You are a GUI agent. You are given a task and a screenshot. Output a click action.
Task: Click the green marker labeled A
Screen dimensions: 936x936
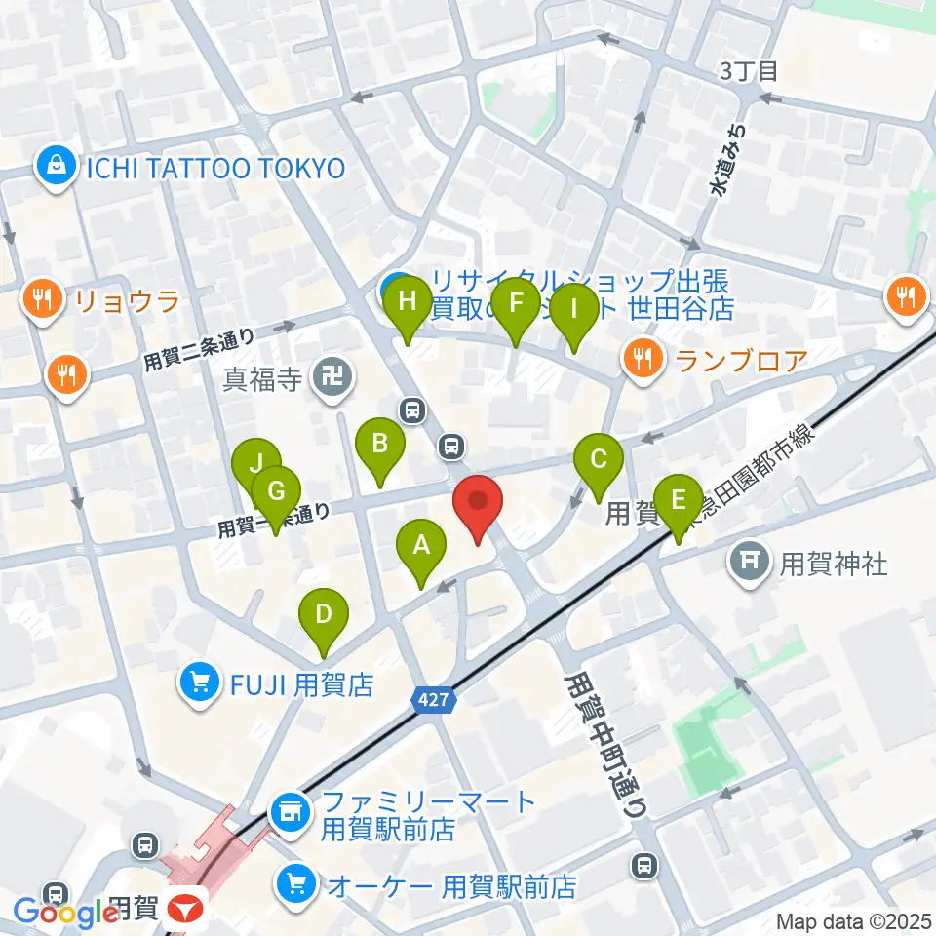(421, 546)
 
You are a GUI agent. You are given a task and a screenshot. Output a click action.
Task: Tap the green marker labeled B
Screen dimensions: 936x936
(380, 445)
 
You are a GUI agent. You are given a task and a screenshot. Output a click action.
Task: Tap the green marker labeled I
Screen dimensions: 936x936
(573, 310)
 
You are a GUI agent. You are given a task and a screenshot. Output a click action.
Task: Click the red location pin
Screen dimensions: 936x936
(478, 502)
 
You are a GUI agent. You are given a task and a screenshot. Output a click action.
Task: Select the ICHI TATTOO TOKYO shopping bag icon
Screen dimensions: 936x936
(58, 168)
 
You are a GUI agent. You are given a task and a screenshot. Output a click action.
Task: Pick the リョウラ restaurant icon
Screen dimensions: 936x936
(42, 296)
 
